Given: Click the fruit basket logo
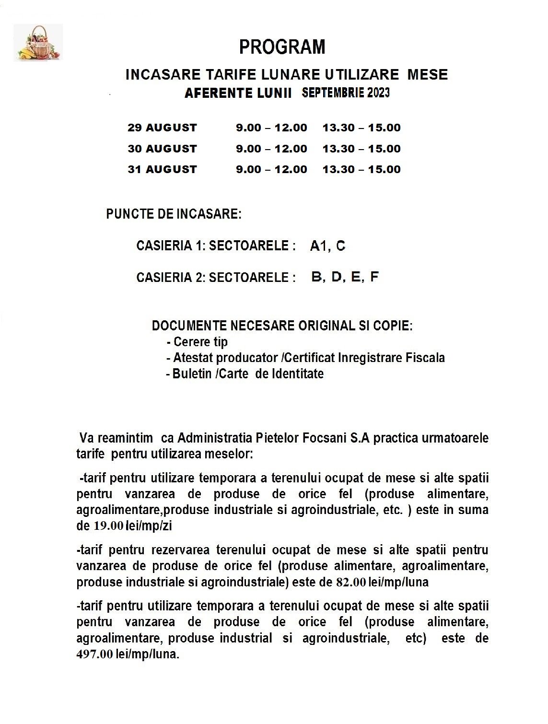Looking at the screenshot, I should pyautogui.click(x=39, y=43).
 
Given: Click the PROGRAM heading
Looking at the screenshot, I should pyautogui.click(x=282, y=47).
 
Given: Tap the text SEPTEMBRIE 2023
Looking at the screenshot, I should pyautogui.click(x=346, y=93).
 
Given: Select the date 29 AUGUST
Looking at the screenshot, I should pyautogui.click(x=162, y=128).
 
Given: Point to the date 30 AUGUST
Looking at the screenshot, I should pyautogui.click(x=162, y=149).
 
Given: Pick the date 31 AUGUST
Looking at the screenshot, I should pyautogui.click(x=162, y=169).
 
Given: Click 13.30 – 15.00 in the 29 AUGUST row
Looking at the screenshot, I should pyautogui.click(x=361, y=128).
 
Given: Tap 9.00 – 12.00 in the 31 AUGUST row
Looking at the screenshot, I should pyautogui.click(x=271, y=169).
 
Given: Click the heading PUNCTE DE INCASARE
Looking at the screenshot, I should pyautogui.click(x=174, y=214).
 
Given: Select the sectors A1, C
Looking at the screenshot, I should pyautogui.click(x=327, y=246).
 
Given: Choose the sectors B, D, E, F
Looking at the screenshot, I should pyautogui.click(x=345, y=277).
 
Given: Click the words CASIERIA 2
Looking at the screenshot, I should pyautogui.click(x=171, y=278).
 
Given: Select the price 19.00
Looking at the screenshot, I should pyautogui.click(x=108, y=526).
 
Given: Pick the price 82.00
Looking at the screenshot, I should pyautogui.click(x=351, y=582).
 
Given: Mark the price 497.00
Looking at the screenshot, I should pyautogui.click(x=95, y=654).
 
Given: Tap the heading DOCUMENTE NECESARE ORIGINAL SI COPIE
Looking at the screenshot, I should pyautogui.click(x=282, y=326).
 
